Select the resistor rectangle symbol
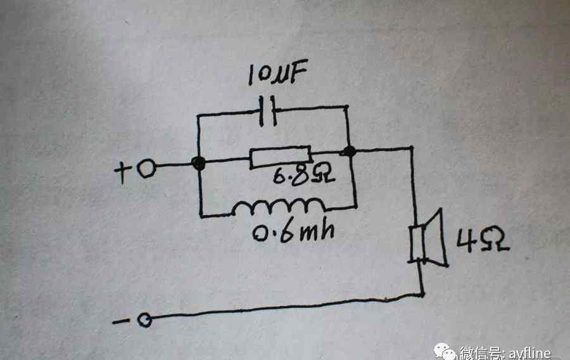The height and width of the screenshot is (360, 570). [x=280, y=157]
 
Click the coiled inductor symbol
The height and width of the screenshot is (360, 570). [x=279, y=207]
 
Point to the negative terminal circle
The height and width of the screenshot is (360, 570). [x=145, y=321]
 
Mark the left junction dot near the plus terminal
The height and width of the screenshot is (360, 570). [x=199, y=164]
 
